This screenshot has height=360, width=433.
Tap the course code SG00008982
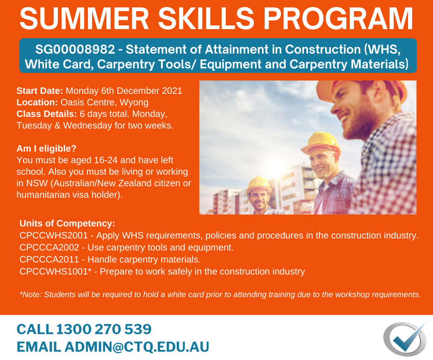[75, 49]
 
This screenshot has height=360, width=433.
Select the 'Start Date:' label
[40, 91]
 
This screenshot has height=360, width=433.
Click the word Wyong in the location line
[134, 103]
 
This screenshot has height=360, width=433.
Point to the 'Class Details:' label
[47, 114]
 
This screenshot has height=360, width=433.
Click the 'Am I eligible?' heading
[46, 149]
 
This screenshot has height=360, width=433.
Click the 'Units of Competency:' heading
[67, 224]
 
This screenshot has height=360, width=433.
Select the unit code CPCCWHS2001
[54, 236]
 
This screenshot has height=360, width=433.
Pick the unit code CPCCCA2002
[49, 247]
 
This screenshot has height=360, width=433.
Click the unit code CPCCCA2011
[49, 260]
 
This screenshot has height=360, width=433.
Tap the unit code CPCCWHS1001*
[56, 272]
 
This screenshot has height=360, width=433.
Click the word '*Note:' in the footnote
[31, 295]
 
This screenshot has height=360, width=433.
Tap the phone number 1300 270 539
[104, 329]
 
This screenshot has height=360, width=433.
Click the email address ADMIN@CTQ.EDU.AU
[137, 347]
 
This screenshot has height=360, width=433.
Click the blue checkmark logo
[405, 339]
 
